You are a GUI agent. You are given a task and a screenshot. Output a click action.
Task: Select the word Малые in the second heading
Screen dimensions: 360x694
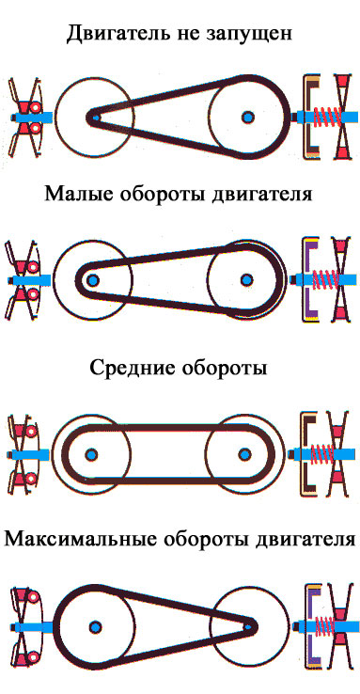click(75, 195)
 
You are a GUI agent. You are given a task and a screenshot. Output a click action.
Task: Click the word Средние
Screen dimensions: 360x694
click(131, 369)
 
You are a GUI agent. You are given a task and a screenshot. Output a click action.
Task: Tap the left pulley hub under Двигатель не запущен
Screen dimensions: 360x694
click(95, 118)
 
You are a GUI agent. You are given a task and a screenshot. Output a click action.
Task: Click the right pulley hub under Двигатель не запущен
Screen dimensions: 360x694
click(248, 118)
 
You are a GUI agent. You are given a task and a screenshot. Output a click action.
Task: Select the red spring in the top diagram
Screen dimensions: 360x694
click(326, 118)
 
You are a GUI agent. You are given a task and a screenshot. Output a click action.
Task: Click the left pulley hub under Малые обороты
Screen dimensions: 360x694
click(92, 280)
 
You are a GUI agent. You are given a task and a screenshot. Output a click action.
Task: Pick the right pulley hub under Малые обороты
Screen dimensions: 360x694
click(246, 279)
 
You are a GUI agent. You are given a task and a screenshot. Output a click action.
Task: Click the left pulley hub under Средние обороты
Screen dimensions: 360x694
click(91, 454)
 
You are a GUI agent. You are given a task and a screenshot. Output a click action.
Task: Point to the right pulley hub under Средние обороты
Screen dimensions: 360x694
click(244, 454)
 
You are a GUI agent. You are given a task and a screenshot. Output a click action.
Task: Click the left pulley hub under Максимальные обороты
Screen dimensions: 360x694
click(95, 626)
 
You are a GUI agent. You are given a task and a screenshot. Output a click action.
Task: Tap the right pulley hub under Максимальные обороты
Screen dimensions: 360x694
click(250, 626)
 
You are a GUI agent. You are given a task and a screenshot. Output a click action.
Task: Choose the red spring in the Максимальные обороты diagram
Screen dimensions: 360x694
click(326, 626)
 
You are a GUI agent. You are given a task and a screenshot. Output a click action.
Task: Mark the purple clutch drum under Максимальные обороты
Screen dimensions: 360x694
click(309, 626)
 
